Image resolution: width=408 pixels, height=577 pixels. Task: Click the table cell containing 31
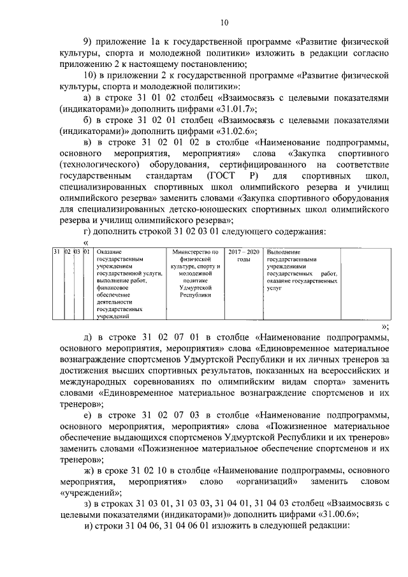point(56,252)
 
